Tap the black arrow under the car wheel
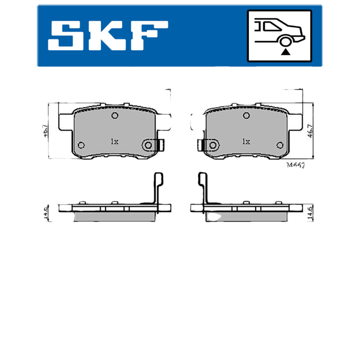[285, 53]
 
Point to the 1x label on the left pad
[114, 141]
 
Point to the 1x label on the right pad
[246, 141]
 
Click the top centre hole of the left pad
[114, 116]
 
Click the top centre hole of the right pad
[246, 116]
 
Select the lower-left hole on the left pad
[81, 145]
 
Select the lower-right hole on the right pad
[279, 145]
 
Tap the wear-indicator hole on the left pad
[149, 145]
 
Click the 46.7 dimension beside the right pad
[310, 130]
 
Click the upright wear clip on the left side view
[157, 187]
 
